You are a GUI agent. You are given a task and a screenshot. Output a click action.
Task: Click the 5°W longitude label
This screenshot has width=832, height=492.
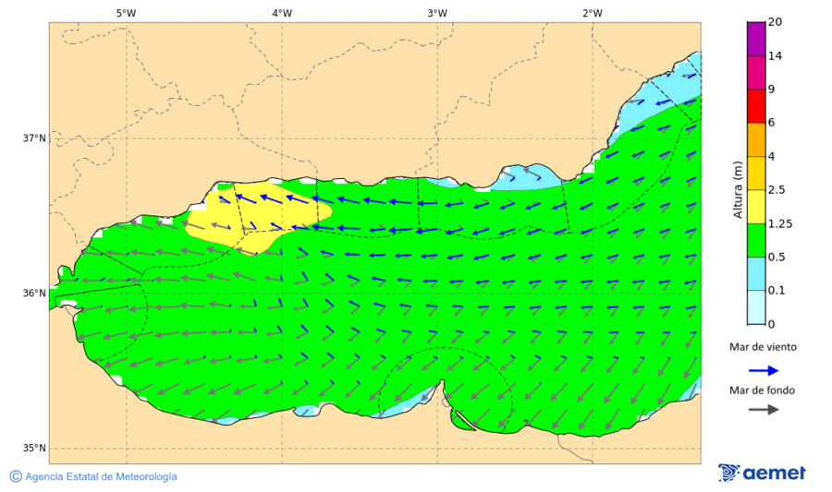[x=126, y=13]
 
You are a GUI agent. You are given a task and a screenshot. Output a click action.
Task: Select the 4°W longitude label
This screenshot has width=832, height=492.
[x=282, y=13]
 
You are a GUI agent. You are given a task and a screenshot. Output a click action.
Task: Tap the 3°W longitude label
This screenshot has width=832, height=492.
[x=437, y=13]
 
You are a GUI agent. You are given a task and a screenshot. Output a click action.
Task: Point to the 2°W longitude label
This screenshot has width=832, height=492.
[x=593, y=13]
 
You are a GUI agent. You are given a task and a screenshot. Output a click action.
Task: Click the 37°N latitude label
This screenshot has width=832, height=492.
[x=34, y=138]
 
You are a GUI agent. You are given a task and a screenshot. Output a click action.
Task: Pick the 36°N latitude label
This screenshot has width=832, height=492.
[x=34, y=294]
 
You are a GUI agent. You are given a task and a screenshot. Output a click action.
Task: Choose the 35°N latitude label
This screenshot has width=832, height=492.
[x=34, y=449]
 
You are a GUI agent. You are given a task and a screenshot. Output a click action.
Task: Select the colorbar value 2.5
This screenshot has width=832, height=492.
[x=777, y=190]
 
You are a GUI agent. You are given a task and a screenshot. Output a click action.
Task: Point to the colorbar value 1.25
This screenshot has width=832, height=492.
[x=779, y=223]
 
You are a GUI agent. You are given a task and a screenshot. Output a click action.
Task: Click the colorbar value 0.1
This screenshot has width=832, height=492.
[x=777, y=291]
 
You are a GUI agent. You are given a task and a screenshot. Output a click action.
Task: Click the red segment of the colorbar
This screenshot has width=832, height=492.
[x=756, y=106]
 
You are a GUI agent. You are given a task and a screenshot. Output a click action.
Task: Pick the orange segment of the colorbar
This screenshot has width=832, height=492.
[x=756, y=139]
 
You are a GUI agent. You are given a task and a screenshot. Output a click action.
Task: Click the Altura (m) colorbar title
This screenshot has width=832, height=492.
[x=738, y=189]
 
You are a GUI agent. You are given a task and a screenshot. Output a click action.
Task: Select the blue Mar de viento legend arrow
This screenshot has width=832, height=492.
[x=762, y=369]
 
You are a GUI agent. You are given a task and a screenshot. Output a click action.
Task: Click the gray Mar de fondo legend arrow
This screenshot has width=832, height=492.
[x=762, y=410]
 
